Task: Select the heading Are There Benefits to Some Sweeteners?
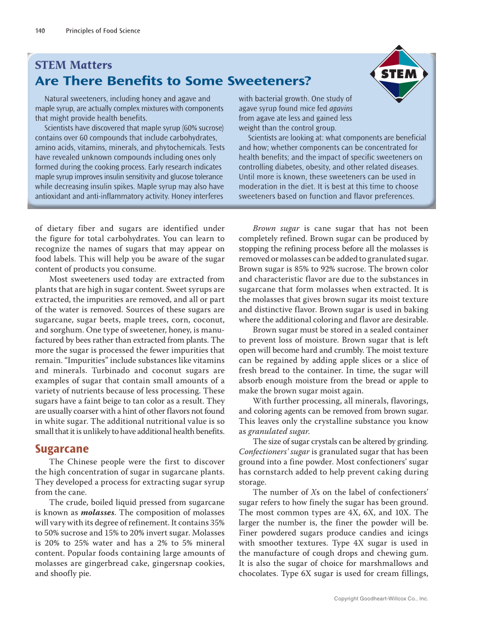(x=173, y=81)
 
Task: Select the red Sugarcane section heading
(x=62, y=449)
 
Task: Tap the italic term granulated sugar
(x=274, y=431)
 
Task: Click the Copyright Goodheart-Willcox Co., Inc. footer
(x=381, y=599)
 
